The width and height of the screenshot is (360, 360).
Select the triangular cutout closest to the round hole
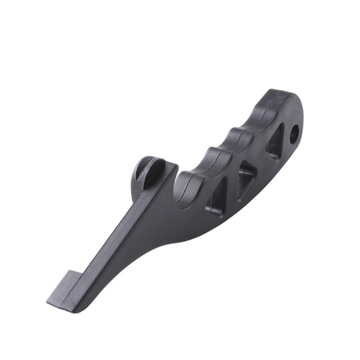click(275, 142)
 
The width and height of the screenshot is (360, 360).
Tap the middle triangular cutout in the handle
click(246, 179)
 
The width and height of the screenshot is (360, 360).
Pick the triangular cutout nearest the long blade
click(217, 197)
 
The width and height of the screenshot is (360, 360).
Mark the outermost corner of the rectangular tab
click(48, 300)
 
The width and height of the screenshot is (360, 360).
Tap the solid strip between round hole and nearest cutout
click(286, 139)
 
